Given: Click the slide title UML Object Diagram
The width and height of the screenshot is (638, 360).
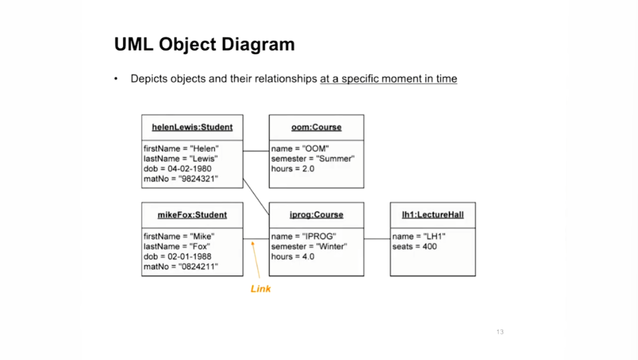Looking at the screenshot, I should tap(204, 45).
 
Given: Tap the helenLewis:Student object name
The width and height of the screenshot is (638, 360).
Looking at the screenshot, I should tap(192, 127).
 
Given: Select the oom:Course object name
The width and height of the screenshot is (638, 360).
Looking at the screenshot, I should tap(316, 127).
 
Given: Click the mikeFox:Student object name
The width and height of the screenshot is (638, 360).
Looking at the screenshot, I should tap(192, 215).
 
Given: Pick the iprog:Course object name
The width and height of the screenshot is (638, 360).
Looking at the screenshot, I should tap(316, 215).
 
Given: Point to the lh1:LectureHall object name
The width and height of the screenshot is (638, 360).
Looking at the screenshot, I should tap(432, 215).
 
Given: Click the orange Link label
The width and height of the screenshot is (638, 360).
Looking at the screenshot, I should tap(261, 288).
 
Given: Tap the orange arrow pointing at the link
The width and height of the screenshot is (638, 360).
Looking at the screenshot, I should tap(255, 263).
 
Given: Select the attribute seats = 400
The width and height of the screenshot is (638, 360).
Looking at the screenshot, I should tap(415, 247).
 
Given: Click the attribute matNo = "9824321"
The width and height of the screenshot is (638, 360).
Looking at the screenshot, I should tap(181, 179).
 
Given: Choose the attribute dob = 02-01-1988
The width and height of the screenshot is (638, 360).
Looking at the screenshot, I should tap(177, 256).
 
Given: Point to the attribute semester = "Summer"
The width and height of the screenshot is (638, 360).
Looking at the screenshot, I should tap(313, 159).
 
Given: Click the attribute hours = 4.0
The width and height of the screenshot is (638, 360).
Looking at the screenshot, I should tap(292, 256).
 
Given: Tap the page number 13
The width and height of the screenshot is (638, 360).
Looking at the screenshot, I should tap(500, 332).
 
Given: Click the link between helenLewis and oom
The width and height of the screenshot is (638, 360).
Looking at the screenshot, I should tap(256, 151).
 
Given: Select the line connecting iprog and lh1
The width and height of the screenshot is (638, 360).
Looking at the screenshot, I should tap(377, 238).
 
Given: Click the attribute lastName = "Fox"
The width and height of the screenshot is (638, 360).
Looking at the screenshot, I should tap(177, 247).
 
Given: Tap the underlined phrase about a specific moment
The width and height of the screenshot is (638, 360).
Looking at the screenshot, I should tap(388, 79).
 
